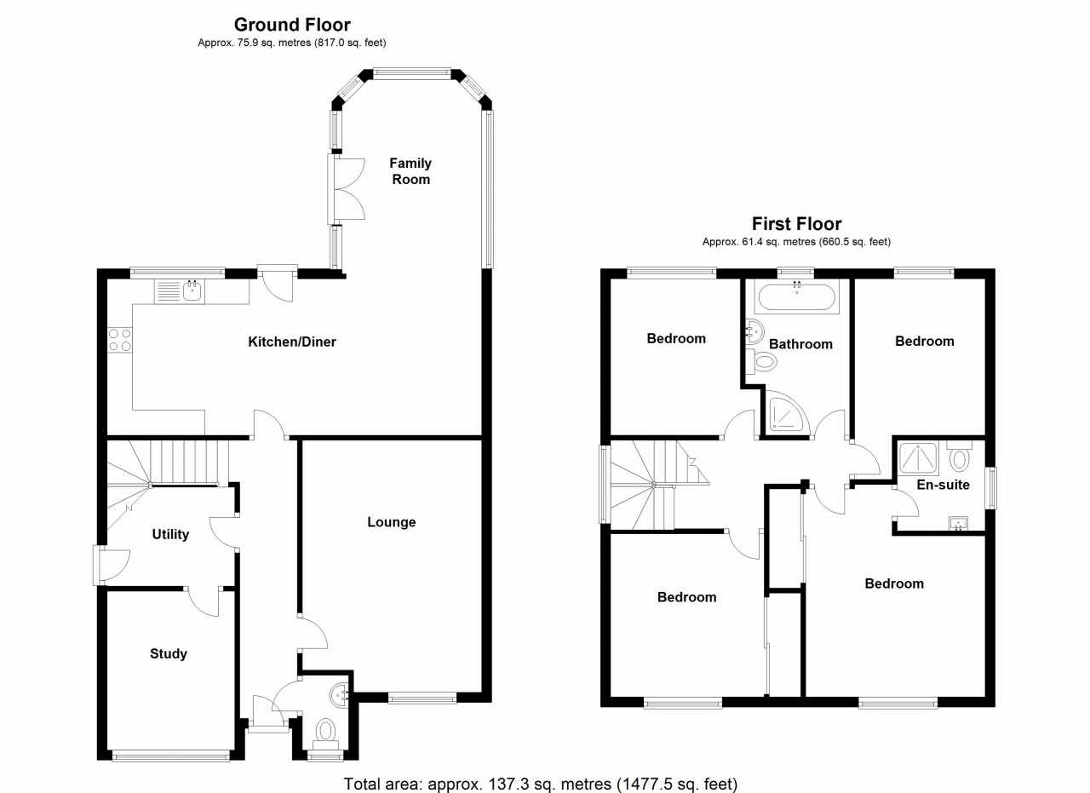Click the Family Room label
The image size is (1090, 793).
(x=410, y=171)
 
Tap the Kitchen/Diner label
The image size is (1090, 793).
(x=292, y=342)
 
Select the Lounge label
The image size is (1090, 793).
(x=392, y=522)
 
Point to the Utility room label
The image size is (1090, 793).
(x=170, y=535)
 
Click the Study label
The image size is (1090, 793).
(x=169, y=654)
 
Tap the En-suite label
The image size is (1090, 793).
(x=943, y=485)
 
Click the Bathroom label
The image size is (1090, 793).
(x=800, y=344)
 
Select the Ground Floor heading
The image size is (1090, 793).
(x=292, y=25)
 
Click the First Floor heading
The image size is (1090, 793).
(x=796, y=224)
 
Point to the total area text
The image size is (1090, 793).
(x=540, y=783)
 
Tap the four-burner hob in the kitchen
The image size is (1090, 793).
(x=120, y=340)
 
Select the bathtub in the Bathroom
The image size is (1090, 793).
(x=796, y=297)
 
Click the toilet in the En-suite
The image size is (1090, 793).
(x=960, y=458)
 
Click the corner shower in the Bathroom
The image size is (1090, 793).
(x=787, y=413)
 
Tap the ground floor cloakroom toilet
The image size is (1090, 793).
(x=325, y=731)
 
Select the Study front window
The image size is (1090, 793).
(x=170, y=754)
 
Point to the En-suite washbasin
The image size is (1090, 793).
(x=959, y=521)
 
